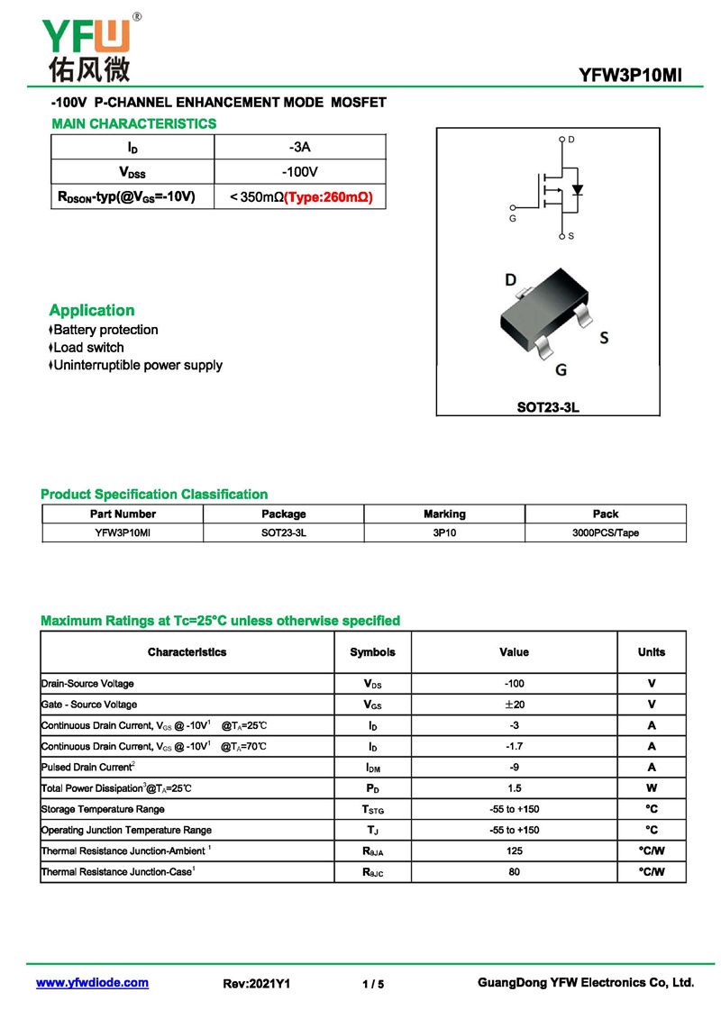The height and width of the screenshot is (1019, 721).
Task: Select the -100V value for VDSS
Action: pyautogui.click(x=300, y=171)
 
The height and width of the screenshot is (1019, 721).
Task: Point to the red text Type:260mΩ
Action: pyautogui.click(x=329, y=196)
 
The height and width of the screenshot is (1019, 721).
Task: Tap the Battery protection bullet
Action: pyautogui.click(x=105, y=330)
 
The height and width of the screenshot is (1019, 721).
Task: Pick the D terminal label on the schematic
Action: pyautogui.click(x=571, y=140)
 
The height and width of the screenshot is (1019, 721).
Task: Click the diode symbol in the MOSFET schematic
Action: pyautogui.click(x=578, y=190)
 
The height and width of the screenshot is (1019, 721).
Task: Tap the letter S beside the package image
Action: pyautogui.click(x=604, y=338)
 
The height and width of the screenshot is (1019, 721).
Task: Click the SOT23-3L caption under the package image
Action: pyautogui.click(x=548, y=407)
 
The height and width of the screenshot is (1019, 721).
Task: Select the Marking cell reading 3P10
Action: pyautogui.click(x=444, y=532)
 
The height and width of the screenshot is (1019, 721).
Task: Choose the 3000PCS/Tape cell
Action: pyautogui.click(x=605, y=532)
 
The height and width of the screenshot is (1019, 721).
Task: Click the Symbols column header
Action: pyautogui.click(x=372, y=652)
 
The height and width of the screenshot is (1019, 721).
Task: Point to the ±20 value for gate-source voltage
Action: pyautogui.click(x=514, y=705)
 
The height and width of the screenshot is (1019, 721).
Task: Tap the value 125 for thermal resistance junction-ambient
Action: pyautogui.click(x=514, y=851)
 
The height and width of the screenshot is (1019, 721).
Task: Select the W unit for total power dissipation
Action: pyautogui.click(x=651, y=788)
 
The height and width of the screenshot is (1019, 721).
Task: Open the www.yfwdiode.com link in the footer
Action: pyautogui.click(x=92, y=983)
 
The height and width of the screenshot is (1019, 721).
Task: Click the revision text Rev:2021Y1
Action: pyautogui.click(x=257, y=984)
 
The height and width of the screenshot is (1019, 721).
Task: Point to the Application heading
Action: pyautogui.click(x=92, y=310)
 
